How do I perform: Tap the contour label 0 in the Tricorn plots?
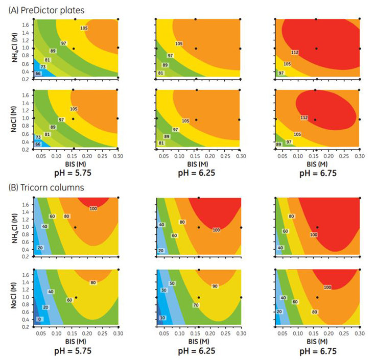tap(40, 319)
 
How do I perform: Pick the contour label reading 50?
tap(172, 283)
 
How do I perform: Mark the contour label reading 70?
tap(196, 305)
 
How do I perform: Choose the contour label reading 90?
tap(215, 286)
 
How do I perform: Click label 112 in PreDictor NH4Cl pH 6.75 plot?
tap(295, 52)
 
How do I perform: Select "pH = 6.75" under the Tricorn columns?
tap(318, 352)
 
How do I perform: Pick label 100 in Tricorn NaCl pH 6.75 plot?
tap(327, 287)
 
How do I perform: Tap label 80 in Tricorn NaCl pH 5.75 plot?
tap(93, 282)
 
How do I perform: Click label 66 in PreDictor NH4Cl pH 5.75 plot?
tap(37, 74)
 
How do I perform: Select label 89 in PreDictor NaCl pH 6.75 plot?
tap(279, 145)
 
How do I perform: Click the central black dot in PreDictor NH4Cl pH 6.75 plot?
tap(316, 49)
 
